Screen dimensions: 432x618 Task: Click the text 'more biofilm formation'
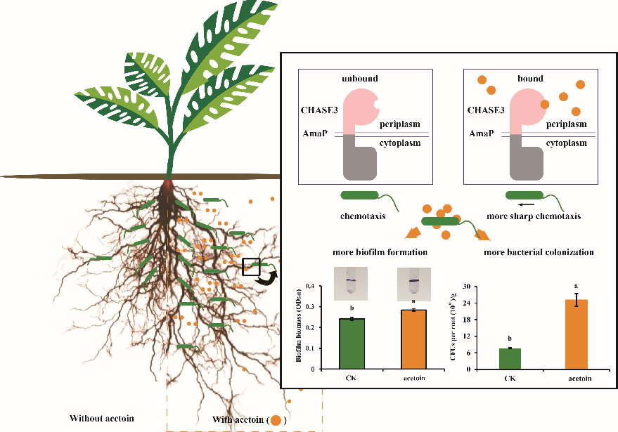point(382,251)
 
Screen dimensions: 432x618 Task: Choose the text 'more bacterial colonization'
point(539,251)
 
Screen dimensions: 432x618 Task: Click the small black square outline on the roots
point(251,268)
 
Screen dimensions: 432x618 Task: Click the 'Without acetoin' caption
point(101,419)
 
